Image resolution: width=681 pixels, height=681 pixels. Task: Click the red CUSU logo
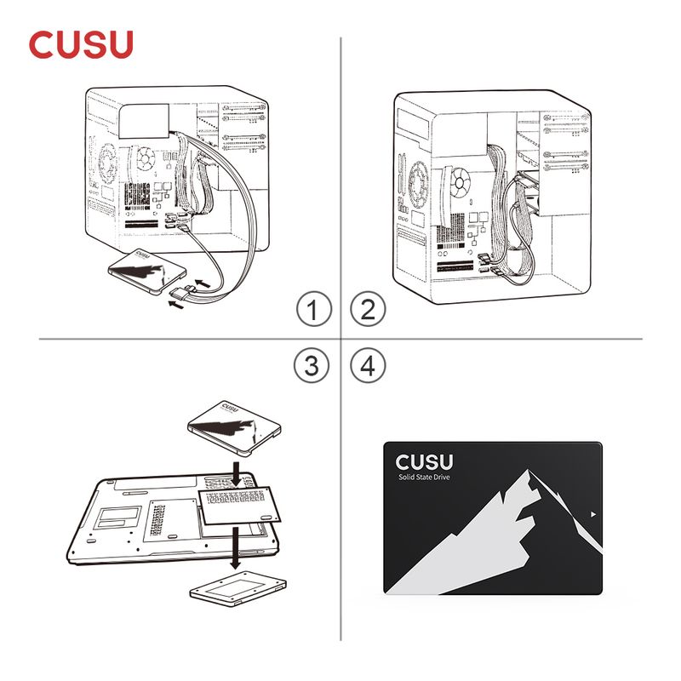coord(81,44)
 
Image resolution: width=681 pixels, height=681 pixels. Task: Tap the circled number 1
coord(314,309)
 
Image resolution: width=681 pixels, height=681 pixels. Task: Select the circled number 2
coord(368,309)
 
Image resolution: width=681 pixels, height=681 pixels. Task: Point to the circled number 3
coord(312,365)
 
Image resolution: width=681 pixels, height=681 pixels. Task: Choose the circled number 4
coord(368,365)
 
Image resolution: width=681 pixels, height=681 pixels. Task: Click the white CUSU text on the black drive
coord(424,462)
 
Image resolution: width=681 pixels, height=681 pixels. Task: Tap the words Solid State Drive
coord(424,477)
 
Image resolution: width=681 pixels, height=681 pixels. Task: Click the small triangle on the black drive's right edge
coord(593,514)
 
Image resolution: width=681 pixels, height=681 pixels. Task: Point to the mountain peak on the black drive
coord(528,471)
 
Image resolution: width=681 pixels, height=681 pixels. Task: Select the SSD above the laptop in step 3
coord(235,428)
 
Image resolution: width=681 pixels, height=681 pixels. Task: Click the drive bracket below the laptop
coord(238,589)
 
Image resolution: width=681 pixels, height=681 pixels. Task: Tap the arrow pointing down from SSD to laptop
coord(236,474)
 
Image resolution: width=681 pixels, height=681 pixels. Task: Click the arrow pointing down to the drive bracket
coord(235,548)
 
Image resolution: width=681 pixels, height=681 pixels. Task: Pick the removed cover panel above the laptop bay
coord(239,505)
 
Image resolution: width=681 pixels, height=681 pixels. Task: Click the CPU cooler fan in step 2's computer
coord(460,182)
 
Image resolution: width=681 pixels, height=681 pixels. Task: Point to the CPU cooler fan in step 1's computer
coord(146,159)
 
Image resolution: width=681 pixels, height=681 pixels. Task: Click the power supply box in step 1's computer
coord(144,121)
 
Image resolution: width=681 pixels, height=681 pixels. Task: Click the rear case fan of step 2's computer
coord(418,184)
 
